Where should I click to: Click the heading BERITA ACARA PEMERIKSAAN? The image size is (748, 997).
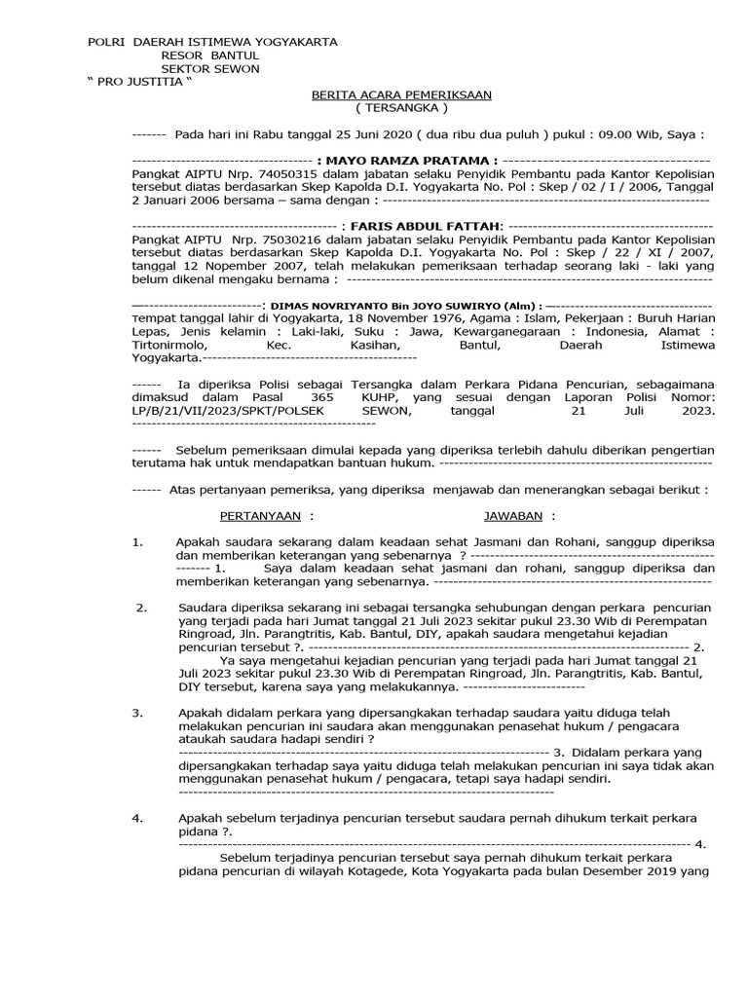tap(401, 94)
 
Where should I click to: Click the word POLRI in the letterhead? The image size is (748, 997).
tap(106, 42)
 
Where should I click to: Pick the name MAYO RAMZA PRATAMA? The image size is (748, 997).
tap(413, 160)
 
